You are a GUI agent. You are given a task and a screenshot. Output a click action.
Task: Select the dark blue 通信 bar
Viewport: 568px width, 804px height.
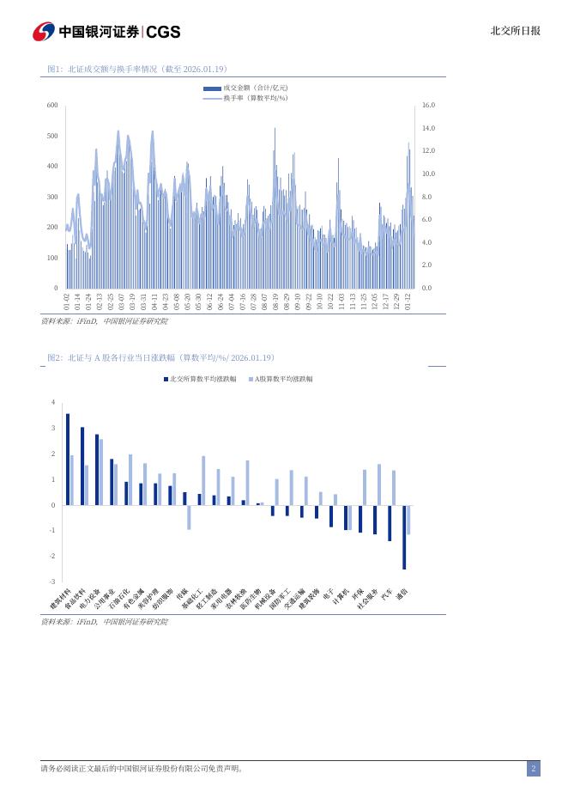pyautogui.click(x=404, y=537)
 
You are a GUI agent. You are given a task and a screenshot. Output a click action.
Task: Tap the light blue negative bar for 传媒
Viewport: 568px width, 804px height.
pyautogui.click(x=189, y=517)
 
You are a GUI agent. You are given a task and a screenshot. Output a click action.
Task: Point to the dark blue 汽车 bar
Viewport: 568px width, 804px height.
pyautogui.click(x=390, y=523)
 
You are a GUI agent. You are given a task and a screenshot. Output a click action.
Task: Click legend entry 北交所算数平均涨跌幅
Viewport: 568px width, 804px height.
pyautogui.click(x=201, y=378)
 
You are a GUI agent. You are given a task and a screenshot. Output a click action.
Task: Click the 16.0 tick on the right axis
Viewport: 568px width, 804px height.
pyautogui.click(x=429, y=105)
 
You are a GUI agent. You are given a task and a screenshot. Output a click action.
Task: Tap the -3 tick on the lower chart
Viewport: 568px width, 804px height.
pyautogui.click(x=53, y=582)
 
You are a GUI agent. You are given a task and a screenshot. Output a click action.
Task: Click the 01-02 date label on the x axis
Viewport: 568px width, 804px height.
pyautogui.click(x=67, y=301)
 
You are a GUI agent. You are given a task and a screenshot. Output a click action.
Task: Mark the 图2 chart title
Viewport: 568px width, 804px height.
pyautogui.click(x=160, y=357)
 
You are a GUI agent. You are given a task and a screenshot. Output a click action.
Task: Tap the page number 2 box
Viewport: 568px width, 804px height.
pyautogui.click(x=533, y=769)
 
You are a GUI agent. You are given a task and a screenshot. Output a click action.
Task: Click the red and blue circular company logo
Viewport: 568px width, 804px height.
pyautogui.click(x=44, y=32)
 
